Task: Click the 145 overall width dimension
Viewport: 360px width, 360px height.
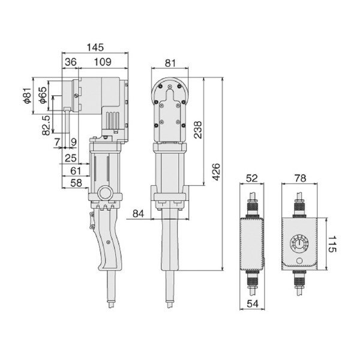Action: click(x=95, y=47)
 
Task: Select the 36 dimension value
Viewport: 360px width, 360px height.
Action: click(x=71, y=62)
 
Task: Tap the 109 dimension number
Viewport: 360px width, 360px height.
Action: click(x=103, y=62)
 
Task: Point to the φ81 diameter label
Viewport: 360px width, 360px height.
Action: click(x=28, y=95)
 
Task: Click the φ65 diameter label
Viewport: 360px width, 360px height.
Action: click(x=43, y=95)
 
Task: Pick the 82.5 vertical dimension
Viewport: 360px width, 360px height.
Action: click(x=46, y=125)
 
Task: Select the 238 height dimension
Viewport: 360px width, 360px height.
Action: click(x=197, y=130)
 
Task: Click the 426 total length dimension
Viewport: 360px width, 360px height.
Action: click(x=216, y=172)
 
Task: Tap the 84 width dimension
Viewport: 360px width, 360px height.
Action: click(x=138, y=214)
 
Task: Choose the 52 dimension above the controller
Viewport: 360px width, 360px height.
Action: click(x=252, y=178)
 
